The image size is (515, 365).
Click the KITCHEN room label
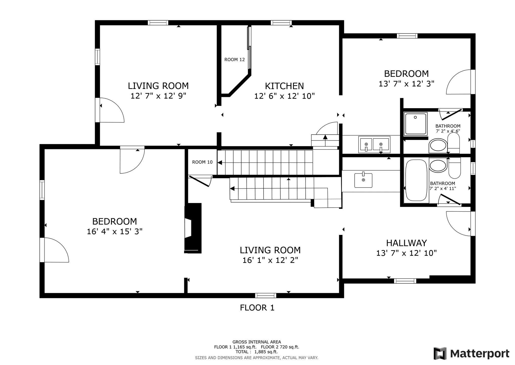(x=284, y=86)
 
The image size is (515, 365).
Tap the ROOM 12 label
(x=234, y=60)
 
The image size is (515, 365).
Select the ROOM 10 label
(x=202, y=162)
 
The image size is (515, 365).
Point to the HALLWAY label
(x=406, y=243)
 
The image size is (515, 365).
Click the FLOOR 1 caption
(x=257, y=308)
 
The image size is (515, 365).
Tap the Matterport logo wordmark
(x=472, y=354)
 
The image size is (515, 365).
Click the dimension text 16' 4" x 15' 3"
(x=115, y=231)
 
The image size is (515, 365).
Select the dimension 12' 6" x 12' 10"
(x=284, y=96)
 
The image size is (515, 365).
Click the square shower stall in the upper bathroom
(x=416, y=123)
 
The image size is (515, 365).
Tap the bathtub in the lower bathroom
(x=416, y=180)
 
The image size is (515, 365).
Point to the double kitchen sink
(x=374, y=144)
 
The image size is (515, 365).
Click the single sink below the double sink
(x=363, y=180)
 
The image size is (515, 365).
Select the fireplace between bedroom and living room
(x=193, y=228)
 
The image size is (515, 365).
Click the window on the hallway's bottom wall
(x=405, y=281)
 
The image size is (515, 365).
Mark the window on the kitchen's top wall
(x=281, y=23)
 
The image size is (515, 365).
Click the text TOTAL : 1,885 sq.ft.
(x=256, y=352)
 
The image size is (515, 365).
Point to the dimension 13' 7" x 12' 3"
(x=406, y=84)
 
